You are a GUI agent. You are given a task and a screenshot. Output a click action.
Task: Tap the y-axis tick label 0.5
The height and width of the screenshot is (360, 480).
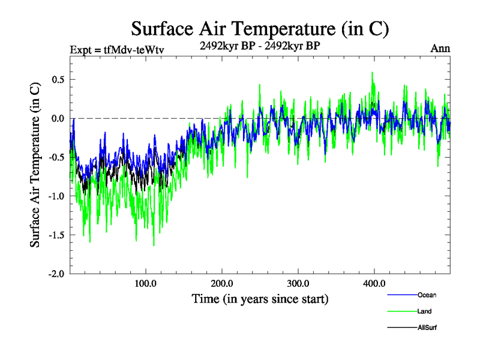click(x=57, y=80)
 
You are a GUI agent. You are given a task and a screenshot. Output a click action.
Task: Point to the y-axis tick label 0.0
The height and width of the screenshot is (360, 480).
click(x=57, y=119)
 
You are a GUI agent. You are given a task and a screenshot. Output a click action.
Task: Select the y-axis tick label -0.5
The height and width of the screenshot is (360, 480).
click(x=56, y=158)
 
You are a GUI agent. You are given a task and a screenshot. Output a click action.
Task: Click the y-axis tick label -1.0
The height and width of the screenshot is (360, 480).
click(x=56, y=196)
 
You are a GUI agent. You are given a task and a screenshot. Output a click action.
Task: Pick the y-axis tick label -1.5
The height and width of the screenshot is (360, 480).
click(x=56, y=235)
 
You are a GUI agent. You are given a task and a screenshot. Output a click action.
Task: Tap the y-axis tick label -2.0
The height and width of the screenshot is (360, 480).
click(x=56, y=274)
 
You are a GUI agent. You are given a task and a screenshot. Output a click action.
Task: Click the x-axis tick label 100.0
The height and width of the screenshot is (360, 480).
click(x=146, y=284)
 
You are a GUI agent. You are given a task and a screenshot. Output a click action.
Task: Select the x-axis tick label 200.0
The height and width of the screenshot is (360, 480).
click(x=222, y=284)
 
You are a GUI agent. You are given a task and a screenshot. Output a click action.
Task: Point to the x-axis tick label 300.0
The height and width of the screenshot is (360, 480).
click(x=298, y=284)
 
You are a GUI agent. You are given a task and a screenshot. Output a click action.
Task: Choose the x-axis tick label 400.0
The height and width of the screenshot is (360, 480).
click(x=374, y=284)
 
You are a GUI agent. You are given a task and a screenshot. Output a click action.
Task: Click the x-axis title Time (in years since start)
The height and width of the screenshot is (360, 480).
click(x=260, y=298)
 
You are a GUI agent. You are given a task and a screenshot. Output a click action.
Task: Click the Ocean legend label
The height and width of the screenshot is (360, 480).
click(x=427, y=295)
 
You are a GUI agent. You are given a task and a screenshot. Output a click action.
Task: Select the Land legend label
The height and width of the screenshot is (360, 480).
click(x=424, y=311)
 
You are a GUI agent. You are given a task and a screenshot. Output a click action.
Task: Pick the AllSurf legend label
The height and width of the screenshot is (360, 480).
click(x=427, y=328)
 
